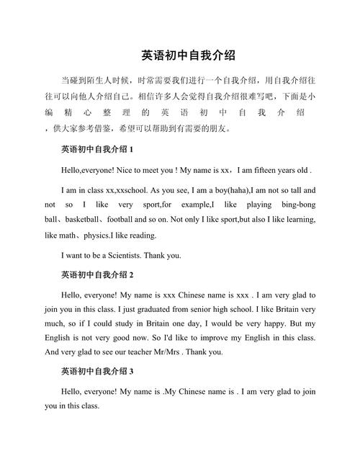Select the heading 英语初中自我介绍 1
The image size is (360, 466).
coord(97,150)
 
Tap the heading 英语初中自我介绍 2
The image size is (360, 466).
coord(97,274)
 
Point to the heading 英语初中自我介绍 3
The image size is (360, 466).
coord(97,372)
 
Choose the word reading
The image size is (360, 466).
coord(140,236)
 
